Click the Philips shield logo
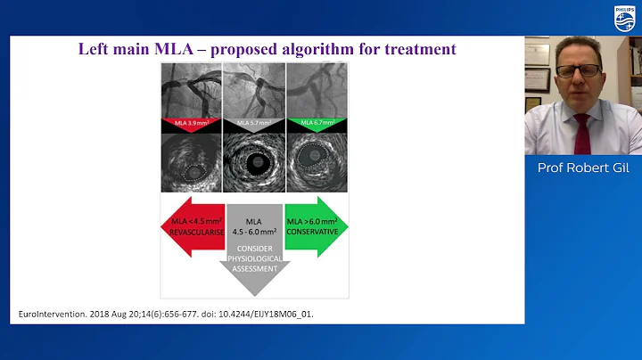[625, 18]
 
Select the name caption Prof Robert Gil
[582, 168]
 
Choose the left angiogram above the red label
[191, 92]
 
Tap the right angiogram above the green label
[317, 92]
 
